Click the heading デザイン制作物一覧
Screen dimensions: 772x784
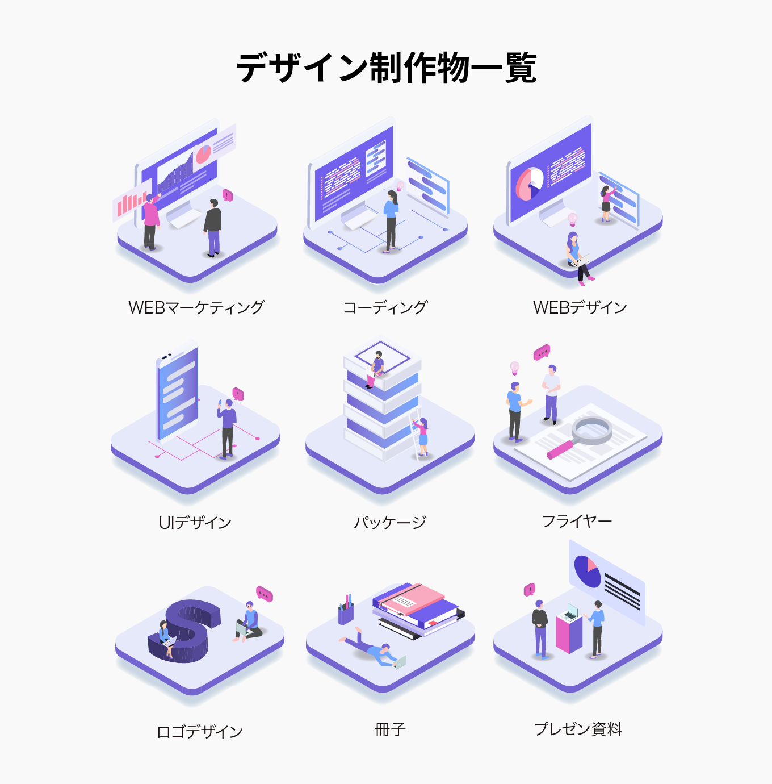pos(386,68)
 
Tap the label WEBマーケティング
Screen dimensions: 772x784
pos(196,307)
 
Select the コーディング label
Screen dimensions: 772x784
pos(385,307)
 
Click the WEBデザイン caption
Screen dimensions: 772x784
pos(580,307)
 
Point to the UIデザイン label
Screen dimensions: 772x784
pos(195,522)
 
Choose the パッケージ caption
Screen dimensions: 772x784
pos(390,522)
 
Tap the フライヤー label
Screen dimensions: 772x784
pos(577,521)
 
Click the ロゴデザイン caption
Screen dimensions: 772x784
pos(199,731)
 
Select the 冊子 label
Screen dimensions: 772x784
pos(391,729)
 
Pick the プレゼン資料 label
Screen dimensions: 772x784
pos(578,729)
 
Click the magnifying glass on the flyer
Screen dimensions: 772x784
pos(590,431)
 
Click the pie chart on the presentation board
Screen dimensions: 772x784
pos(588,571)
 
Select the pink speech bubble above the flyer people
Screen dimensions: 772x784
pos(542,353)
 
